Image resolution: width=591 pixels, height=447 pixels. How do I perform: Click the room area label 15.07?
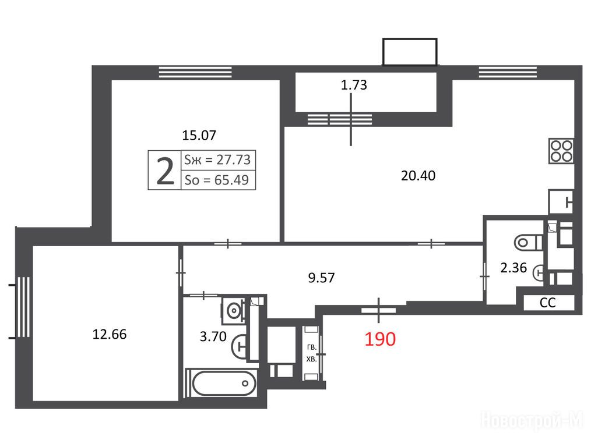[x=199, y=135]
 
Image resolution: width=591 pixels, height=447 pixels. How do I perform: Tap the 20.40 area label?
[x=418, y=176]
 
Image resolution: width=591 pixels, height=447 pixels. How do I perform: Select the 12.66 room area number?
[x=110, y=334]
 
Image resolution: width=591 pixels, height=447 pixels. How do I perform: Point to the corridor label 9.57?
[x=321, y=278]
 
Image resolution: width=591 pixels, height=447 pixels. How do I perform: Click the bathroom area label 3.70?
[x=213, y=336]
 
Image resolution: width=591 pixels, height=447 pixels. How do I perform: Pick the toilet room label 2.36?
[x=513, y=268]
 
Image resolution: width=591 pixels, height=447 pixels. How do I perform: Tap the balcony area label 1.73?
[x=354, y=85]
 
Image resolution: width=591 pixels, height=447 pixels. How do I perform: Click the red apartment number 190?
[x=380, y=339]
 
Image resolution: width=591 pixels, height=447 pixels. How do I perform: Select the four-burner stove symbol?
[x=561, y=151]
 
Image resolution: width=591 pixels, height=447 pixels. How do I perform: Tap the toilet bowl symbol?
[x=528, y=242]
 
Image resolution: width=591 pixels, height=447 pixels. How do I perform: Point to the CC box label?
[x=547, y=303]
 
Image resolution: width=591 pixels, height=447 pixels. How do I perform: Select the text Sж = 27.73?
[x=217, y=160]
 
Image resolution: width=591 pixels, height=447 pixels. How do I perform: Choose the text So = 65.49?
[x=216, y=180]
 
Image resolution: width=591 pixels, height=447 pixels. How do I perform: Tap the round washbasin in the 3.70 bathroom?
[x=234, y=311]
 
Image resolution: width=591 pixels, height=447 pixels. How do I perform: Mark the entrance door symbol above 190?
[x=378, y=310]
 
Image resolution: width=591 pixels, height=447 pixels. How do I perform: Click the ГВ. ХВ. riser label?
[x=311, y=353]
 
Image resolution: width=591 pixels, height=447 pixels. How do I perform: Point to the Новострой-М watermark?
[x=532, y=420]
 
